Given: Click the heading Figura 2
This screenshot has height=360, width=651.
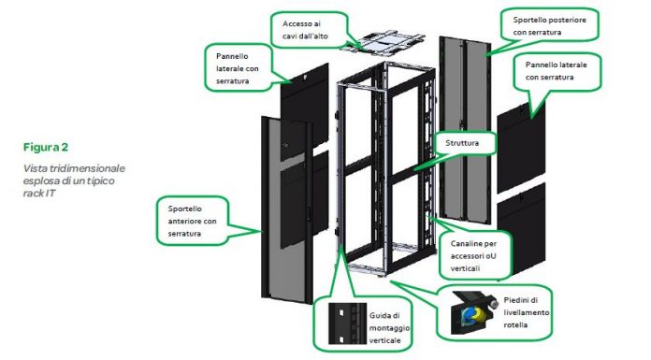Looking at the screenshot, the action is point(46,147).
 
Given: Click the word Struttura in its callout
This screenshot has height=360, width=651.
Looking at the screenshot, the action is point(462,143).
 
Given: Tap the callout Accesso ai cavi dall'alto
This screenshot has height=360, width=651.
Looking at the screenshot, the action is point(309,30).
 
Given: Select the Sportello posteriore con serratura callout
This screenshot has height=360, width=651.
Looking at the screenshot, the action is point(549,26).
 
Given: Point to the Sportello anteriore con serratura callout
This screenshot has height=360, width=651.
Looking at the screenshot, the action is point(193,221).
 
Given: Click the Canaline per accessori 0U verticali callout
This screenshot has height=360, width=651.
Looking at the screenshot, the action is point(475,256).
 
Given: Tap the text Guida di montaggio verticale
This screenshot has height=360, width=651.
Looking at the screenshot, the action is point(389,328).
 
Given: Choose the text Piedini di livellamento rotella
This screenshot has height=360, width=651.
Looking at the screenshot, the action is point(526,312).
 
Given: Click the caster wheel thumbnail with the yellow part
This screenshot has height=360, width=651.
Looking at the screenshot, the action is point(474,312).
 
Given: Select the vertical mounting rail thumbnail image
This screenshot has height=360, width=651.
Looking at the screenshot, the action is point(348,324).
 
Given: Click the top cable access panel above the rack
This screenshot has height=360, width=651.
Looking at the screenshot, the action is point(383,41).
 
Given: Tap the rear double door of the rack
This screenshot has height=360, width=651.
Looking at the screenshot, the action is point(465,130).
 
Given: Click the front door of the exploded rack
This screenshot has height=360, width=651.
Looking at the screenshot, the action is point(287,209).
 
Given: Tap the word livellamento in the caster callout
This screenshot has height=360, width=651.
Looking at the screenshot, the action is point(527,312).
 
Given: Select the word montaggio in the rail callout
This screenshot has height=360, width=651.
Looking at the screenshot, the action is point(389,328).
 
